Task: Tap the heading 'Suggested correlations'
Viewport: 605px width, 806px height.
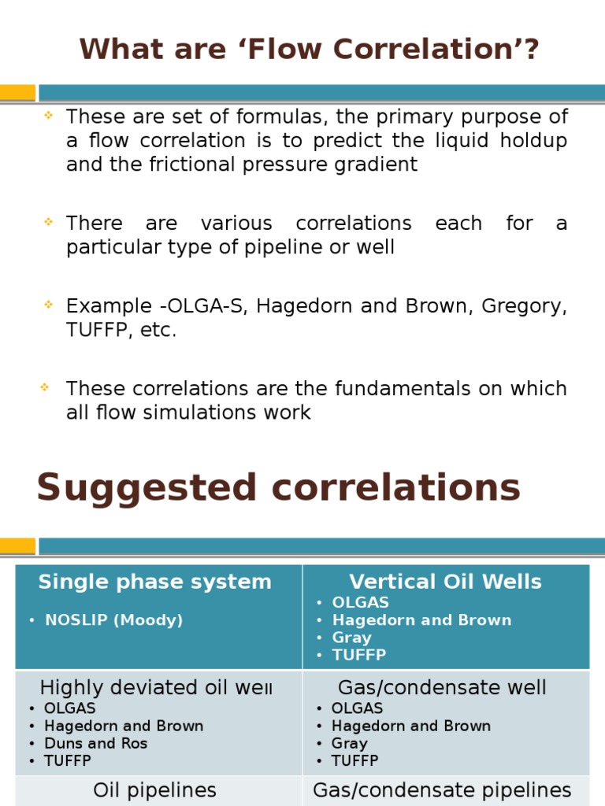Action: (278, 487)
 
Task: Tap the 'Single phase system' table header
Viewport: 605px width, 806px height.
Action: (154, 582)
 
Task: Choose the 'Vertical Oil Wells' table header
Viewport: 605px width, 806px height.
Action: (445, 582)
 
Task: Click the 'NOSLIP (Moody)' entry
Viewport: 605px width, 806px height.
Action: (113, 620)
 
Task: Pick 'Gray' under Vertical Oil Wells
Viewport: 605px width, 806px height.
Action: (351, 638)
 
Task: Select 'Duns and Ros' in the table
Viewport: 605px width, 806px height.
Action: (96, 743)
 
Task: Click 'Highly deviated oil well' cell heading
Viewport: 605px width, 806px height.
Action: (156, 687)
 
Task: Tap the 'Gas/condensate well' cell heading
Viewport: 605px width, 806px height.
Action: (442, 687)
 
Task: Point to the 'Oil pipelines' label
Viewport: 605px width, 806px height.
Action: (154, 790)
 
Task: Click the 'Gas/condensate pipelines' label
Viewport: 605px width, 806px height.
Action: (442, 790)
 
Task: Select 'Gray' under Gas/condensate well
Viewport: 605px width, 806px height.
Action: (350, 743)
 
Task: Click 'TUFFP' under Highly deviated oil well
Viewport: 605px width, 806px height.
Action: (68, 760)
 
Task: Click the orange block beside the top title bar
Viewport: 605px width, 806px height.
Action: (17, 93)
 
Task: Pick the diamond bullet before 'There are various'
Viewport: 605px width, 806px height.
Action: (48, 222)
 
